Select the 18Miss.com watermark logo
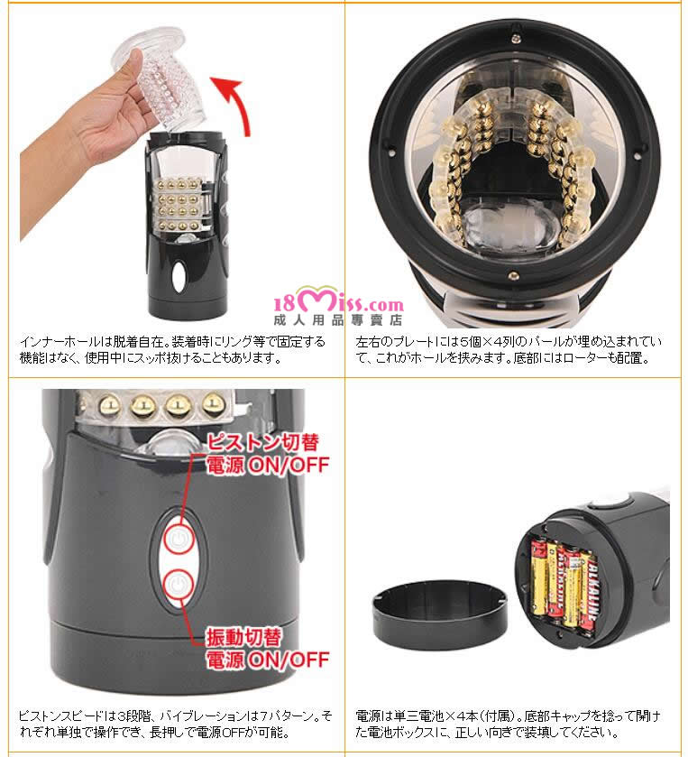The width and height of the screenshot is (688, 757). [x=339, y=301]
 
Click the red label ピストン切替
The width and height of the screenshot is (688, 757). [x=263, y=442]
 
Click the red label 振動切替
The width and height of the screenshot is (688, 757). [x=243, y=637]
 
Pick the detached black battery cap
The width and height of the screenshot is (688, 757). [x=440, y=614]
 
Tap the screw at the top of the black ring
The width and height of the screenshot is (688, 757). [x=515, y=35]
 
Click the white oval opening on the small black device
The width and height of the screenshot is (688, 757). [x=178, y=277]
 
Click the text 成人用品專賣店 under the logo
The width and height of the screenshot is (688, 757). [x=338, y=320]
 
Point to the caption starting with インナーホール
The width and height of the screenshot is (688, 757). [x=173, y=349]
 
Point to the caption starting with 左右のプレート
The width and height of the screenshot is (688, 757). [x=508, y=349]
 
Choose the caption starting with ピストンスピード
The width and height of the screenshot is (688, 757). [x=176, y=724]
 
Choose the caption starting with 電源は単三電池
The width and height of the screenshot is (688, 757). [x=508, y=724]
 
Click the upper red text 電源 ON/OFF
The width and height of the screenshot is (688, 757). [x=268, y=465]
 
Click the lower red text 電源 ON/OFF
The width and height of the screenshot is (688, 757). [x=268, y=660]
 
